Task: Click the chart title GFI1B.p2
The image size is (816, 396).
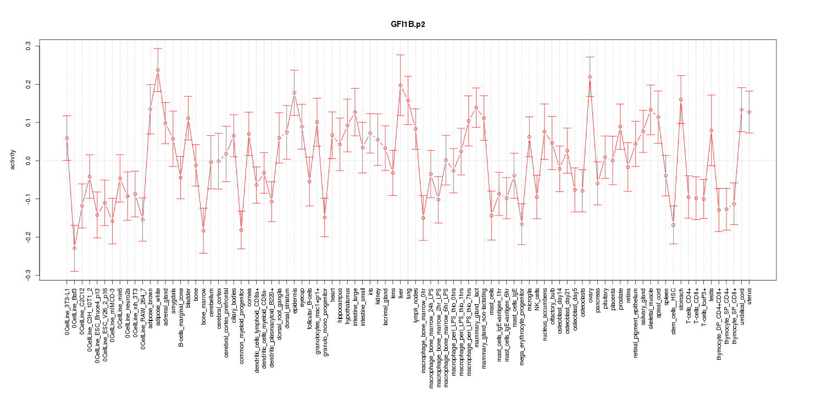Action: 407,25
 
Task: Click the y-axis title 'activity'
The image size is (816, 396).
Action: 13,160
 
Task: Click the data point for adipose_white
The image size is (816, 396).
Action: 158,70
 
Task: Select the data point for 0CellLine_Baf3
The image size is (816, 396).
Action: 74,248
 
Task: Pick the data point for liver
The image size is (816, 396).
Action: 401,85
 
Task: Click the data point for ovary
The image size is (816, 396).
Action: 590,77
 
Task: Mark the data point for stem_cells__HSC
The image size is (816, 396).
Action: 674,224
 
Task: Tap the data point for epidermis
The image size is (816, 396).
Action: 295,93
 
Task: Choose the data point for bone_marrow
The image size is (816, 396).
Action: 203,230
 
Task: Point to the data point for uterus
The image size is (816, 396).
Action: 749,112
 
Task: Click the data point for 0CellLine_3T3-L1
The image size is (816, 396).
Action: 66,138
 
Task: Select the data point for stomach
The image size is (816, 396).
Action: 681,100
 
